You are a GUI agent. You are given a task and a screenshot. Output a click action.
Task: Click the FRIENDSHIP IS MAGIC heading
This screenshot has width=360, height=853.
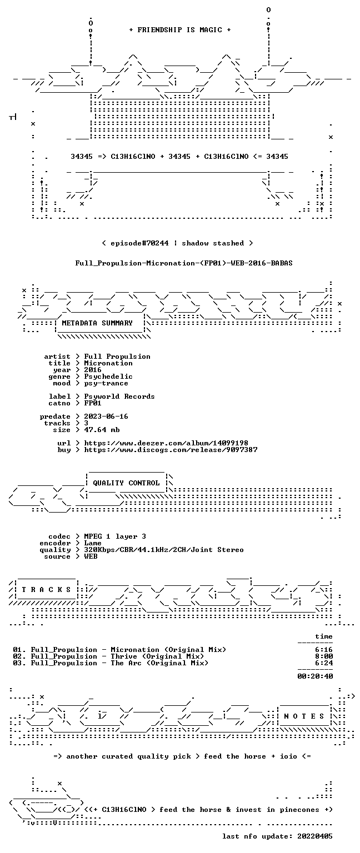(180, 29)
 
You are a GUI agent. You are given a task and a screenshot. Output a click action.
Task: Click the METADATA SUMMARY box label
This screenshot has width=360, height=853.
(97, 323)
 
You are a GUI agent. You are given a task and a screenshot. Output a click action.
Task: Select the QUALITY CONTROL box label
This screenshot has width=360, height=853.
(126, 483)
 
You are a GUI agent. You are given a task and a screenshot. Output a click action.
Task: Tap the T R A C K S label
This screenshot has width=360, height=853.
(47, 589)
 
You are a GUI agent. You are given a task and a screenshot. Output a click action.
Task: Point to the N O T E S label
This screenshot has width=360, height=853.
(304, 716)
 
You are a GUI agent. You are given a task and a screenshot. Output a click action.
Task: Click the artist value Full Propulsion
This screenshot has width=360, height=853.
(117, 357)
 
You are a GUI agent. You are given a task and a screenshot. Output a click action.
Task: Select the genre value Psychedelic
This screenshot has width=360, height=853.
(108, 377)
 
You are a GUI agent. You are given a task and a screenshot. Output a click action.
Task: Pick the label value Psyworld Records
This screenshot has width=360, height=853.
(119, 397)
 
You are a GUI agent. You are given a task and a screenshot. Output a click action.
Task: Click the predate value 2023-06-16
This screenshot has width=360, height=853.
(106, 416)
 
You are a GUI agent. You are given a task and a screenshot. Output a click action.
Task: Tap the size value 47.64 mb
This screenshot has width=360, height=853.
(102, 429)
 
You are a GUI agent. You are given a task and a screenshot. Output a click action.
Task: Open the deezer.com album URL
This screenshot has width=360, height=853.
(166, 443)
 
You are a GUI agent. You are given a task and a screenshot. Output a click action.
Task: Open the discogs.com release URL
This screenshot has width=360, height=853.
(171, 450)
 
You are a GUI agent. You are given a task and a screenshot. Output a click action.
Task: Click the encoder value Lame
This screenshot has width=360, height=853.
(93, 543)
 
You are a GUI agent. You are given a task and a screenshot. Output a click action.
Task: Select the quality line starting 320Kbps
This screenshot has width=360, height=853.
(164, 549)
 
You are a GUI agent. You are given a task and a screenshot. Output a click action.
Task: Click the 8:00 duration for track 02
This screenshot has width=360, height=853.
(324, 656)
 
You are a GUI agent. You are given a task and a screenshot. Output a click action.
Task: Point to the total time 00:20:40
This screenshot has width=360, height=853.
(315, 676)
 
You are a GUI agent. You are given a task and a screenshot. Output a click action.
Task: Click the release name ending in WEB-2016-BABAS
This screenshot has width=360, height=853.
(184, 263)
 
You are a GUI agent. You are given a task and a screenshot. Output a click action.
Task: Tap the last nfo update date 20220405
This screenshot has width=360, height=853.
(315, 836)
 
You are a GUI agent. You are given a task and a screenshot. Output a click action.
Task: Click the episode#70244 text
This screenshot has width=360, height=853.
(139, 243)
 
